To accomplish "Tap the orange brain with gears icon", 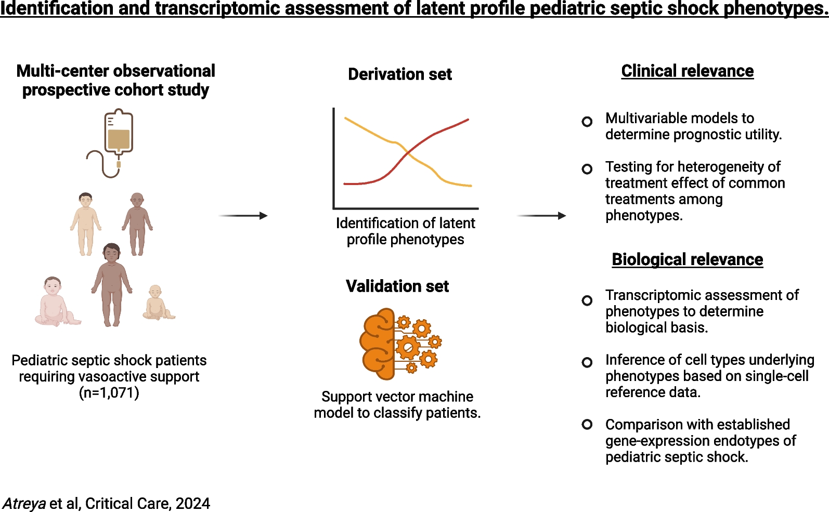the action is tap(400, 344).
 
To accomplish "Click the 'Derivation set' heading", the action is tap(400, 74).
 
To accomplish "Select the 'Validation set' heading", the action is tap(397, 286).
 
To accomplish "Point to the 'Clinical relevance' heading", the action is tap(687, 71).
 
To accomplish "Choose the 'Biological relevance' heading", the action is tap(687, 259).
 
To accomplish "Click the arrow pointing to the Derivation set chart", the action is tap(243, 215).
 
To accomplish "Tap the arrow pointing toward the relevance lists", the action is tap(541, 215).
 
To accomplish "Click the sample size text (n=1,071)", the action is tap(109, 392).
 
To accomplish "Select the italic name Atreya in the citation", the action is tap(24, 504).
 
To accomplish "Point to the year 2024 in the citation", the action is tap(193, 504).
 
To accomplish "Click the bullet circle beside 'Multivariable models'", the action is tap(587, 121).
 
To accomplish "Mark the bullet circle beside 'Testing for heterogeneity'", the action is tap(587, 169).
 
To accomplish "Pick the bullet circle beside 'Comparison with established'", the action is tap(587, 424).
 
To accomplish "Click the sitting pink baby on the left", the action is tap(56, 301).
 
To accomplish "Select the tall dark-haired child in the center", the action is tap(111, 285).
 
